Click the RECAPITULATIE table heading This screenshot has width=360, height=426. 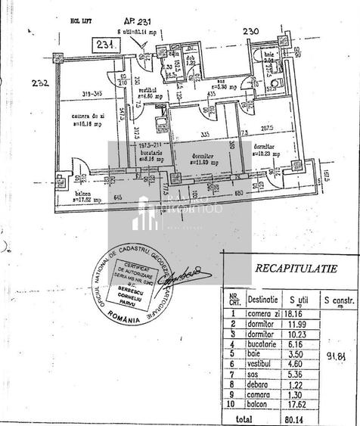click(x=296, y=267)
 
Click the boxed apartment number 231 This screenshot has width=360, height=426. click(x=107, y=45)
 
